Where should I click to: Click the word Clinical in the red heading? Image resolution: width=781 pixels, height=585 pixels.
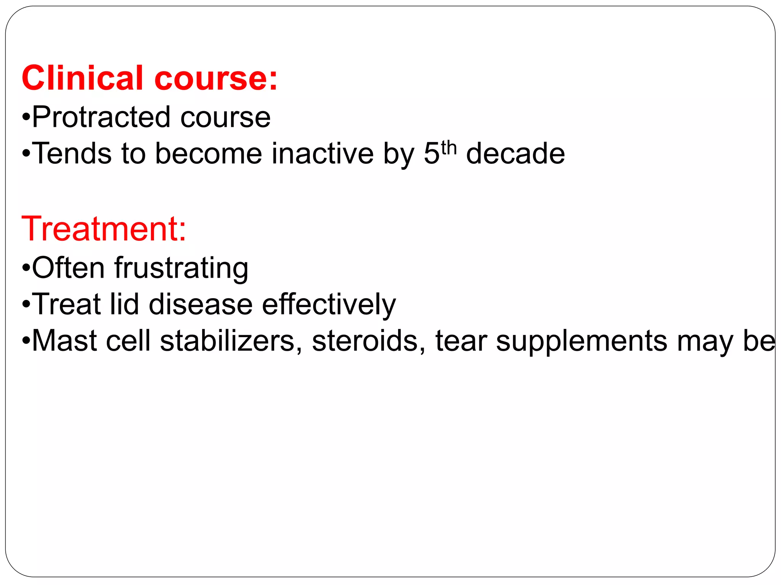(x=82, y=78)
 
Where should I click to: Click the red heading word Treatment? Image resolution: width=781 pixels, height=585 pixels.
(x=103, y=229)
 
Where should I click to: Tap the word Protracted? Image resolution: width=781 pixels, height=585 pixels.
(x=101, y=117)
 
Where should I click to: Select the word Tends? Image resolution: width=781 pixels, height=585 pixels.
(x=72, y=153)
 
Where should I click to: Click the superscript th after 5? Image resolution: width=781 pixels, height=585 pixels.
(x=449, y=148)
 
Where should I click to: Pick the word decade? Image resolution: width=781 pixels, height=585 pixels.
(x=515, y=153)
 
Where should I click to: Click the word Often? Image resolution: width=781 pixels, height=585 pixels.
(x=68, y=268)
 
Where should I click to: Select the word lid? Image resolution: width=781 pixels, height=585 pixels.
(x=124, y=304)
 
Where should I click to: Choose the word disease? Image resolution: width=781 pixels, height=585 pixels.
(x=201, y=304)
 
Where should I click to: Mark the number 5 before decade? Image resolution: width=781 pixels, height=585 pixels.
(x=432, y=153)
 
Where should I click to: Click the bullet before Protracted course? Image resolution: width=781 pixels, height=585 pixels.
(x=26, y=117)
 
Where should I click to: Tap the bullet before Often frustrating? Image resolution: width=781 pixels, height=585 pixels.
(x=26, y=268)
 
